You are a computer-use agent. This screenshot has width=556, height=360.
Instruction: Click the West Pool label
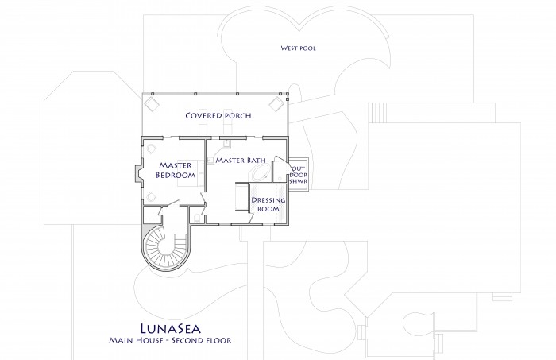pyautogui.click(x=298, y=48)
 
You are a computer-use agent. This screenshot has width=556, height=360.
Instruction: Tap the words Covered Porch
pyautogui.click(x=218, y=115)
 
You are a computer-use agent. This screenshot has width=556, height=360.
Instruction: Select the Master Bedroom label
pyautogui.click(x=176, y=170)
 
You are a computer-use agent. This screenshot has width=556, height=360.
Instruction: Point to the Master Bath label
pyautogui.click(x=241, y=161)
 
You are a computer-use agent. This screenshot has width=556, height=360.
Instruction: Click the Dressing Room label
pyautogui.click(x=268, y=205)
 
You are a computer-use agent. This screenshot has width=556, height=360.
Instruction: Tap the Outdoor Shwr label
pyautogui.click(x=299, y=175)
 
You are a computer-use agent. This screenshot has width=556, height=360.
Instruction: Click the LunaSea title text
pyautogui.click(x=171, y=328)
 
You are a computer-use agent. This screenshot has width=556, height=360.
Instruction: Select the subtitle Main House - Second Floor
pyautogui.click(x=170, y=340)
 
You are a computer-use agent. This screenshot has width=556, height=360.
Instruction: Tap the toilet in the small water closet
pyautogui.click(x=197, y=219)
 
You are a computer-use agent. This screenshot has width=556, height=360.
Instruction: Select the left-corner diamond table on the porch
pyautogui.click(x=153, y=104)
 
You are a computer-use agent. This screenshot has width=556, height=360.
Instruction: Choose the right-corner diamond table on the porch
pyautogui.click(x=276, y=104)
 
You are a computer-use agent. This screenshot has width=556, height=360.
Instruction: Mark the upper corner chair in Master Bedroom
pyautogui.click(x=152, y=148)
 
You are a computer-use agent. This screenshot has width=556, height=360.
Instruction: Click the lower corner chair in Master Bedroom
pyautogui.click(x=152, y=197)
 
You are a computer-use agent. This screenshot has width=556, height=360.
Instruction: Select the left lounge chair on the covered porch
pyautogui.click(x=203, y=122)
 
